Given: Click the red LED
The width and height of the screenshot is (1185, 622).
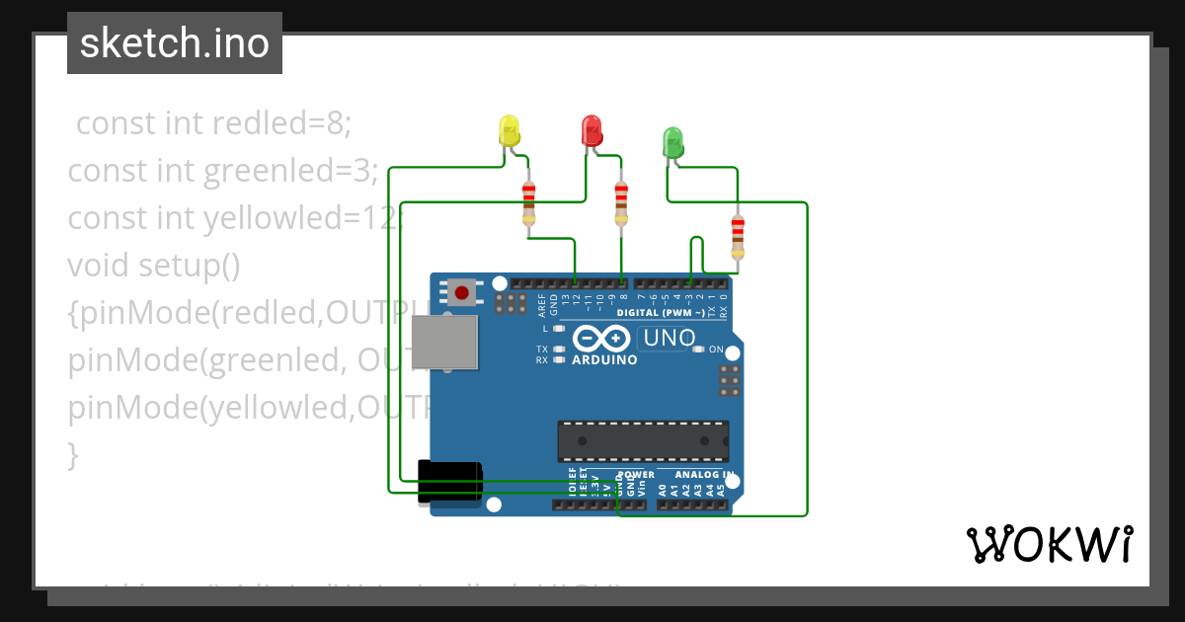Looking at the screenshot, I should (592, 130).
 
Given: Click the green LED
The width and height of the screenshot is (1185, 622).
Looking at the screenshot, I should (672, 142).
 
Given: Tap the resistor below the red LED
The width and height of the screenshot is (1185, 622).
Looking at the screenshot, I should (620, 202).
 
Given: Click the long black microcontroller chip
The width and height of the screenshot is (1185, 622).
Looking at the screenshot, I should (643, 441).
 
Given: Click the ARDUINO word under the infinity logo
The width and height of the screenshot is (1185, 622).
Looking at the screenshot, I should (604, 359).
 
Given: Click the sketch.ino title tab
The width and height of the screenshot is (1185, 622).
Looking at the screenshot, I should (175, 43).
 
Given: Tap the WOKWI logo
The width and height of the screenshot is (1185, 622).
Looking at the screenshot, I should (1049, 544).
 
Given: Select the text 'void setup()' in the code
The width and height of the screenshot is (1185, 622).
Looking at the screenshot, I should (154, 266).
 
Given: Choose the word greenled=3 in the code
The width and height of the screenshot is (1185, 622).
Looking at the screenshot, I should (291, 171).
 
